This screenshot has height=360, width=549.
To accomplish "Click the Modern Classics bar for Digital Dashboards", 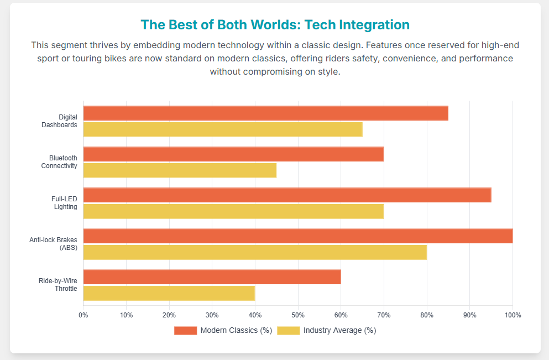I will (x=265, y=113).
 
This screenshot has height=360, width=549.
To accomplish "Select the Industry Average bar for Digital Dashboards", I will (x=223, y=129).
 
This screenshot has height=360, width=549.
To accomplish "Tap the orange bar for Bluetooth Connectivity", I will (x=233, y=154).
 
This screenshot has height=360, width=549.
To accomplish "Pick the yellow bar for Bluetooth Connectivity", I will (x=180, y=170).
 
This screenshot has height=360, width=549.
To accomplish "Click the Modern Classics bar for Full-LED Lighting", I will (x=287, y=195).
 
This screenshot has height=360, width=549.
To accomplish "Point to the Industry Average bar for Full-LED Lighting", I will (x=233, y=211).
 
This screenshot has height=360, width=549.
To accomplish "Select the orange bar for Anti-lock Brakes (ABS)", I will (x=298, y=236).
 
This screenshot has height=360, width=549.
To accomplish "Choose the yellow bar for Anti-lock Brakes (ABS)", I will (x=255, y=252).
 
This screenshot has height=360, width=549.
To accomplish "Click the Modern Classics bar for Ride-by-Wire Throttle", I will (x=212, y=277).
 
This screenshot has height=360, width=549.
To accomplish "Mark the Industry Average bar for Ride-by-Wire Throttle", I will (x=169, y=293).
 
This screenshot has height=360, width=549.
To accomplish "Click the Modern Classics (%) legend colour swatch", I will (x=185, y=331).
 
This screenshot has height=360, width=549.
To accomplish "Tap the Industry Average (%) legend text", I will (x=339, y=331).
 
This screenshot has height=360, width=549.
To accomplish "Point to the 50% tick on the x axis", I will (x=298, y=315).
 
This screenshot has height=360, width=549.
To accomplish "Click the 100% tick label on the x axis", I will (x=513, y=315).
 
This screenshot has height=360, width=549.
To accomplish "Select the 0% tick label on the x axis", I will (x=83, y=315).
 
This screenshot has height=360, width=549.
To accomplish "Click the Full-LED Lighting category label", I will (x=64, y=203).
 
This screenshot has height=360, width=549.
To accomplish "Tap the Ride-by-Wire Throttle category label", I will (x=58, y=285).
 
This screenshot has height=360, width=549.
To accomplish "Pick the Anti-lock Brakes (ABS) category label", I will (x=53, y=244).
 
